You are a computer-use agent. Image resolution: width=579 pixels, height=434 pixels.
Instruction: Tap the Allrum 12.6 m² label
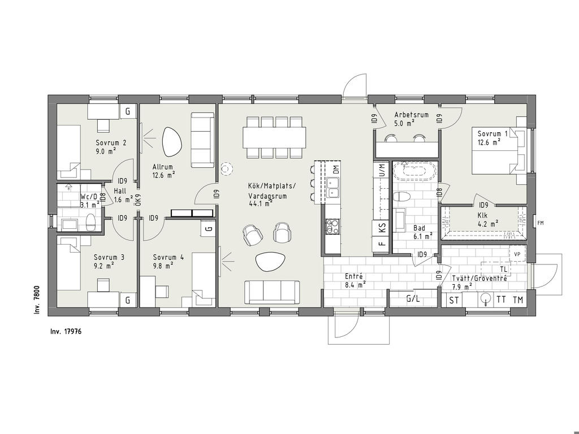163,171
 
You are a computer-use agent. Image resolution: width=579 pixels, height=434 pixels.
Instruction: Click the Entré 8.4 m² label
355,280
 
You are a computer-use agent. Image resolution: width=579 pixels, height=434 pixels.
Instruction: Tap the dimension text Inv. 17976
66,331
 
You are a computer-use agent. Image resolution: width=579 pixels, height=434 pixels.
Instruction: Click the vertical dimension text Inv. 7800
37,301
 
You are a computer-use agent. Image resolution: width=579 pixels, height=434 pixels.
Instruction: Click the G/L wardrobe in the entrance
413,299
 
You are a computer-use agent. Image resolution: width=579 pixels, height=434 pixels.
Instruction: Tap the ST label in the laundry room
454,301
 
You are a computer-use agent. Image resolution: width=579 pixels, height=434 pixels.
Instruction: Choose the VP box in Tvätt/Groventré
517,254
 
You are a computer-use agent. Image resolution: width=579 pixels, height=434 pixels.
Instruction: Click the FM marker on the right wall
541,223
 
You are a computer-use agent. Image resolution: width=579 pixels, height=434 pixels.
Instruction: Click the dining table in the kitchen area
275,137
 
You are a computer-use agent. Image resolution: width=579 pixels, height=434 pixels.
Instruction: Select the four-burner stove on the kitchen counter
332,226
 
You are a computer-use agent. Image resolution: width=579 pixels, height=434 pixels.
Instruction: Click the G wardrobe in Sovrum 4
209,228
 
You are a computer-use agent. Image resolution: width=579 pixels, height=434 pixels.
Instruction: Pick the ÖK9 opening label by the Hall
138,199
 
